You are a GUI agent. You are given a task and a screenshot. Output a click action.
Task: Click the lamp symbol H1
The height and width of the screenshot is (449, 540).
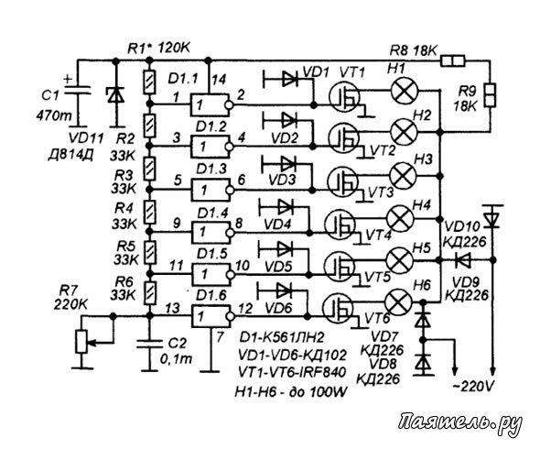(405, 90)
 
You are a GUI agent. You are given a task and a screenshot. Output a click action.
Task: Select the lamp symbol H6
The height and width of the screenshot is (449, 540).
(398, 301)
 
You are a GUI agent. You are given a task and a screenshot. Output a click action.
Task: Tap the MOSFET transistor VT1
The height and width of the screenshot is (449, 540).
(344, 98)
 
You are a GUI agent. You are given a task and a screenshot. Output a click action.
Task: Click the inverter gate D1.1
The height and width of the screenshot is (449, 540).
(211, 104)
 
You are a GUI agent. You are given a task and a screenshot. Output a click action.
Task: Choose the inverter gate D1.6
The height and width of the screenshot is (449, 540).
(211, 316)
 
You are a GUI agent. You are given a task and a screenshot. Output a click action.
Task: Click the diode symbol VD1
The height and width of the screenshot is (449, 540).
(289, 80)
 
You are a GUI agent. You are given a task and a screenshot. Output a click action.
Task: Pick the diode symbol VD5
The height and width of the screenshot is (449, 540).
(285, 248)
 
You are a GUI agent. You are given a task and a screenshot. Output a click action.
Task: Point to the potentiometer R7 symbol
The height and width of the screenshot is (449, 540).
(82, 342)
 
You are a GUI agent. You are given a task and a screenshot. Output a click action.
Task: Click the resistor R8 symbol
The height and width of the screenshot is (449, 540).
(453, 61)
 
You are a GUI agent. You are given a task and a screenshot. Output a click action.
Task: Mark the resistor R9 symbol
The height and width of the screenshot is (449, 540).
(490, 94)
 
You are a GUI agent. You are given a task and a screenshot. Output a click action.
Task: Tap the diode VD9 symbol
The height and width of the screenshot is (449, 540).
(463, 259)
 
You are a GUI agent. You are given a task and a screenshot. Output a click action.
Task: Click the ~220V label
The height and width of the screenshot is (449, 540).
(472, 387)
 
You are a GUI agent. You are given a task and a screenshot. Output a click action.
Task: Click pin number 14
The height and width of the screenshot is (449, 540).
(219, 80)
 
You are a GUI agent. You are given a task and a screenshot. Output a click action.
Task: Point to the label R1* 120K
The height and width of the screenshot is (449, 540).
(158, 48)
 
